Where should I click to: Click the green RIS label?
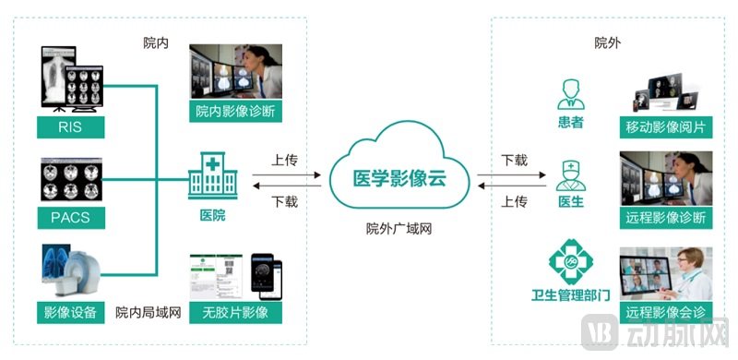click(x=69, y=126)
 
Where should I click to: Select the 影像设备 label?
click(x=69, y=312)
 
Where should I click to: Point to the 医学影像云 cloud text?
click(x=399, y=178)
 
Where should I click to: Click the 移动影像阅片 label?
click(x=665, y=126)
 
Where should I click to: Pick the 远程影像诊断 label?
click(x=665, y=219)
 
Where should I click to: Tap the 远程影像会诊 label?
click(x=665, y=312)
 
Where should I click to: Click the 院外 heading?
click(x=607, y=43)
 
